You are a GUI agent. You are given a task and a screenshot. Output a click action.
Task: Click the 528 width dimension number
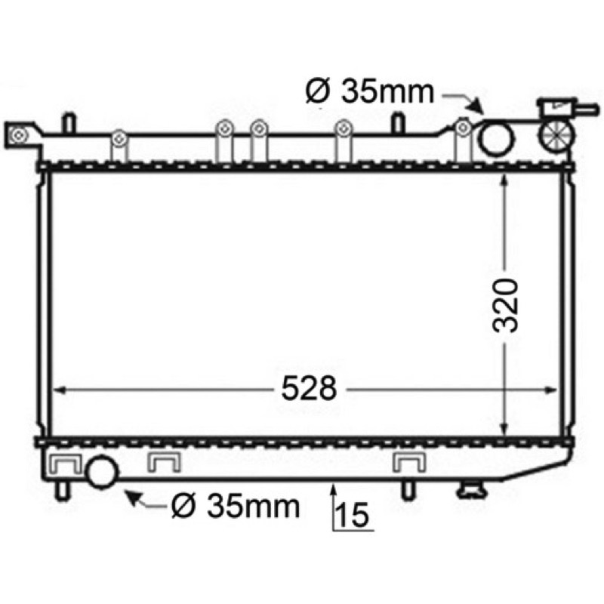[309, 388]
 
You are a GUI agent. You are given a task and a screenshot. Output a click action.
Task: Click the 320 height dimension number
[505, 305]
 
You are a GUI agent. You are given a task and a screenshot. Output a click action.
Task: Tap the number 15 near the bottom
[353, 514]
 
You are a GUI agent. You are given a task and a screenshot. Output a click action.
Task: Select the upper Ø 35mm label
[370, 91]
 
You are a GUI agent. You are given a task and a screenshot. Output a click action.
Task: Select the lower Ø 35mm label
[236, 506]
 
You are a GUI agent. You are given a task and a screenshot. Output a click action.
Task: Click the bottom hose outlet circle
[102, 471]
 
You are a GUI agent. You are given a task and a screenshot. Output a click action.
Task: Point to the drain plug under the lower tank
[473, 491]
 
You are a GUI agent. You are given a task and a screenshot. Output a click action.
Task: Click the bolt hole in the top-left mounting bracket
[18, 135]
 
